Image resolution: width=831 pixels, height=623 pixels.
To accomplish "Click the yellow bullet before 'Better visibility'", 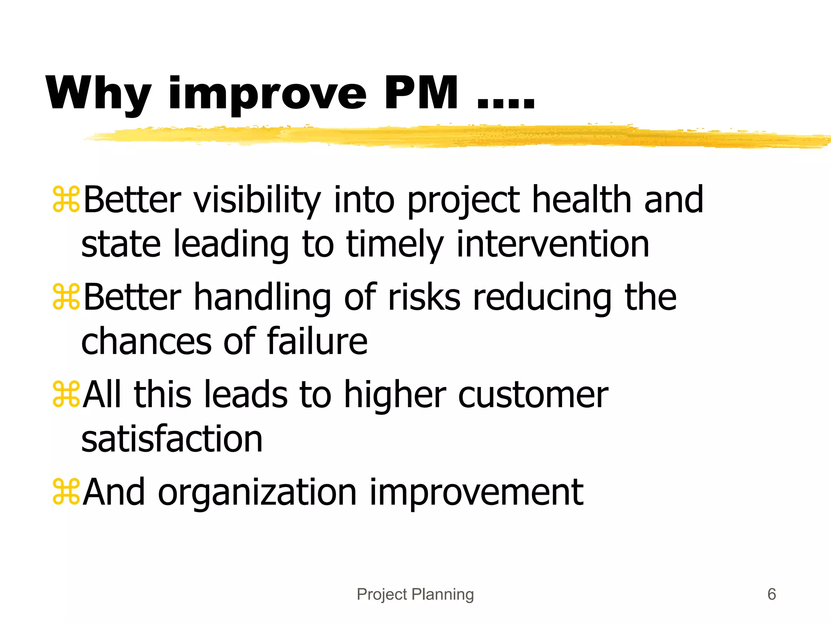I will point(66,199).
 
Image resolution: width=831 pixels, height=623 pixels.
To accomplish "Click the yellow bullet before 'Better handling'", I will point(66,297).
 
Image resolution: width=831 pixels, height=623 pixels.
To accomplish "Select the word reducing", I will point(543,298).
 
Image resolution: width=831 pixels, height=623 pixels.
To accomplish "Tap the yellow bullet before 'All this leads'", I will point(66,395).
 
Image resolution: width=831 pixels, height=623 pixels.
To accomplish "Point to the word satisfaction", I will point(172,439).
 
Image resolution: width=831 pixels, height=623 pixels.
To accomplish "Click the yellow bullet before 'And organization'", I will point(66,492).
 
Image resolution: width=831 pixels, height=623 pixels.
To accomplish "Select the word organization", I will point(257,493).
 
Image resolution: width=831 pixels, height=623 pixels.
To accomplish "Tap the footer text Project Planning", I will point(415,595).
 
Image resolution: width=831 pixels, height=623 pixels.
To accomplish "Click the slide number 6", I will point(771,595).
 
